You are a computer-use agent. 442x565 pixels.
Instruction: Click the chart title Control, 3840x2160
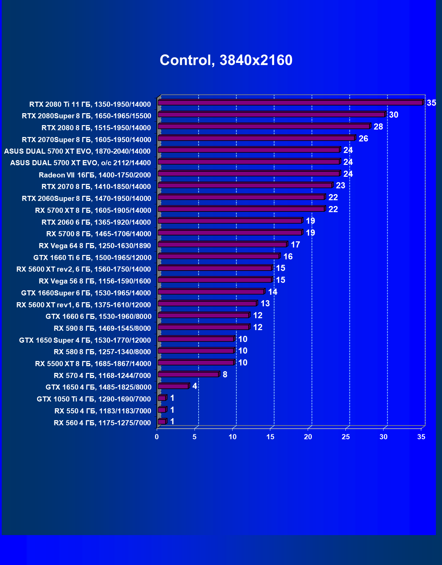click(226, 60)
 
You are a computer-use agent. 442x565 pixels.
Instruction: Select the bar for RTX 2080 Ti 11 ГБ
click(290, 102)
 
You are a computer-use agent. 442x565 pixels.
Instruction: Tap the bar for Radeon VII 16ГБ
click(249, 174)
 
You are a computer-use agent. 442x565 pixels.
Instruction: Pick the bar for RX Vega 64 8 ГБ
click(222, 244)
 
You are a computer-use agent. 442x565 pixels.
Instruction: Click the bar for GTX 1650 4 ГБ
click(173, 386)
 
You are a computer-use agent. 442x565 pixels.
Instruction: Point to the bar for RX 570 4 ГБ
click(188, 374)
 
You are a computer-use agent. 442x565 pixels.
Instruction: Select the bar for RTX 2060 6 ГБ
click(230, 221)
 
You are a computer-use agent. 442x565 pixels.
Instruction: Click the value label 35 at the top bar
click(431, 103)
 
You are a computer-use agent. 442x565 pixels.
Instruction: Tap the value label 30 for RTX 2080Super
click(393, 115)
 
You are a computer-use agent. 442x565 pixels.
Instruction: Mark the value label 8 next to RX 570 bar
click(225, 374)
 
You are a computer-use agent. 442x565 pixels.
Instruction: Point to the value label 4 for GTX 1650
click(194, 386)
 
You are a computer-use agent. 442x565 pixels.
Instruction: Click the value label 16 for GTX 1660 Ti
click(288, 256)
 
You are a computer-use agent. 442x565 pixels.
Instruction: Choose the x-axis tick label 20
click(308, 437)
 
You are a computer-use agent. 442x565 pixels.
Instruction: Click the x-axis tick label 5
click(194, 437)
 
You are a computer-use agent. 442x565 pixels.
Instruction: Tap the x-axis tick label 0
click(157, 437)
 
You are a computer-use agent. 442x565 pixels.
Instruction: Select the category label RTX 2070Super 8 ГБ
click(86, 140)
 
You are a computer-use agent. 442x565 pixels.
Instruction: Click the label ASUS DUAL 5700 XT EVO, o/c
click(80, 163)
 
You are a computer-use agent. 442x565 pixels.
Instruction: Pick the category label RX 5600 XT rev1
click(84, 305)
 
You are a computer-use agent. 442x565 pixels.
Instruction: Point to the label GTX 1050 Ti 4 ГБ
click(94, 399)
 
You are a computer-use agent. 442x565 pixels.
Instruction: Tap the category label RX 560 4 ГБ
click(102, 423)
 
